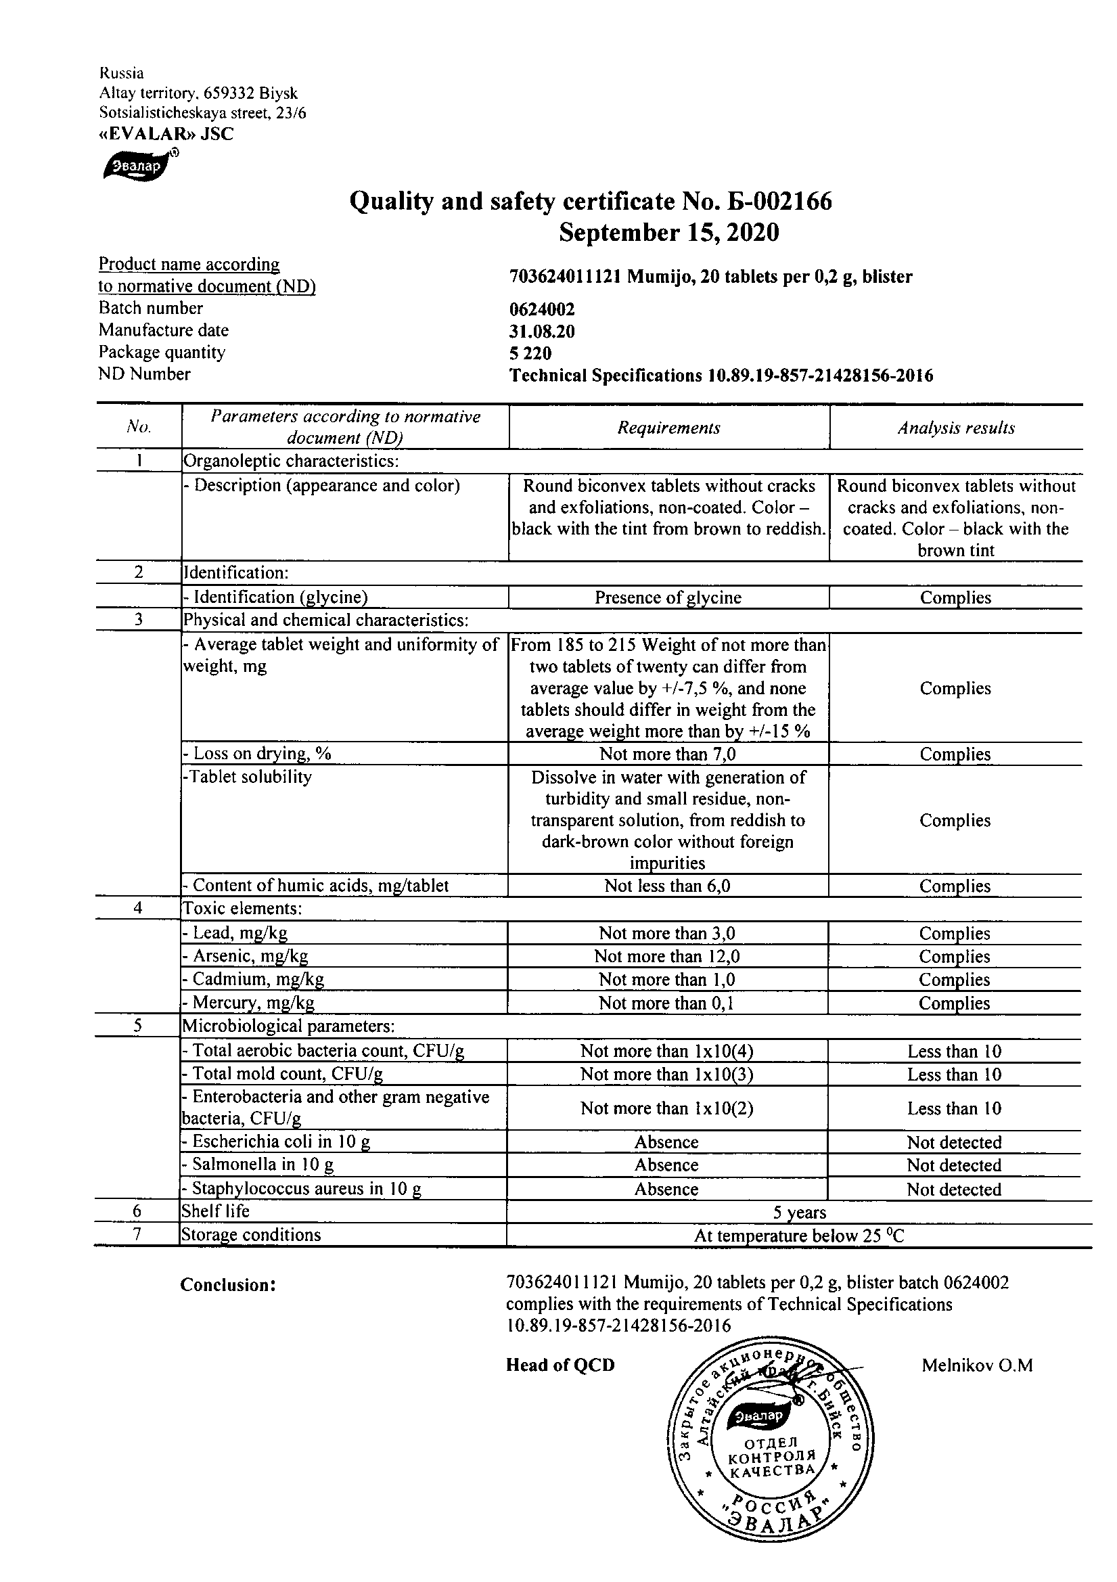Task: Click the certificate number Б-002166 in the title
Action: (x=778, y=201)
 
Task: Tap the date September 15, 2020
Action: (x=668, y=233)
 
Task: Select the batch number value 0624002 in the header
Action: (x=542, y=310)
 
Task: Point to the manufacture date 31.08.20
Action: (x=542, y=332)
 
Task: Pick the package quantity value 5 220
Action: (x=530, y=353)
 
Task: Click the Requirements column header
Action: (x=668, y=428)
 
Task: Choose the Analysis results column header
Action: (x=956, y=428)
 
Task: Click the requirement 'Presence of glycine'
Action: (x=668, y=597)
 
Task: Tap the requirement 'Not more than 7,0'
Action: (x=668, y=754)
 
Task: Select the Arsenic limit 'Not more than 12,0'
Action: (x=667, y=956)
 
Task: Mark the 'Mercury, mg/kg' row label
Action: (x=248, y=1003)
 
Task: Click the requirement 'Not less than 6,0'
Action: (x=667, y=886)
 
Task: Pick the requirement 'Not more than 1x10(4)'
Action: (x=666, y=1051)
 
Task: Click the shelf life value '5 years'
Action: (x=799, y=1212)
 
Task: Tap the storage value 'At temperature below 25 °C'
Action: (x=799, y=1236)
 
